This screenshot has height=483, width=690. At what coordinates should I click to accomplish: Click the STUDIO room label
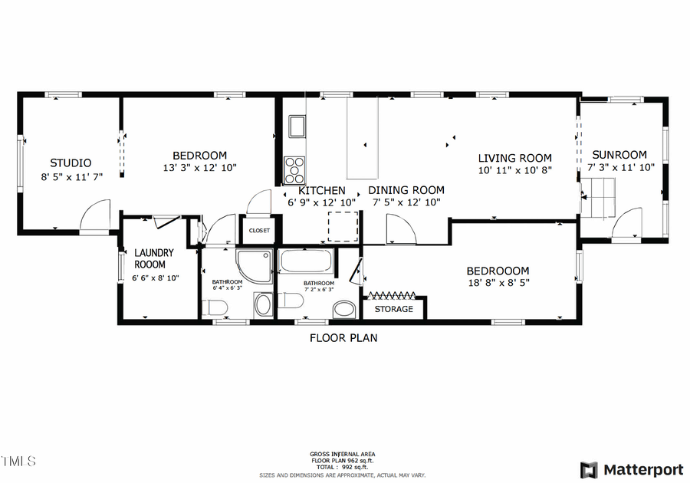pos(71,163)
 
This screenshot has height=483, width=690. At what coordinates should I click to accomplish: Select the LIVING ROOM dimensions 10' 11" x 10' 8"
pos(514,170)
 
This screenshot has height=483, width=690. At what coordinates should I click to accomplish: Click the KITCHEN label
pos(322,190)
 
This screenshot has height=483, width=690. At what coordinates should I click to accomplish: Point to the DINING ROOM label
pos(406,190)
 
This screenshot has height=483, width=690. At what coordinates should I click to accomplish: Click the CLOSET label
pos(259,230)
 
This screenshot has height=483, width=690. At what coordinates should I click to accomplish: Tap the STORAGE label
pos(394,309)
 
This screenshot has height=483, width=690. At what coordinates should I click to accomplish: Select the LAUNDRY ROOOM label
pos(155,258)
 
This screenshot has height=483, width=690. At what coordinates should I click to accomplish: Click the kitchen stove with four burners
pos(295,167)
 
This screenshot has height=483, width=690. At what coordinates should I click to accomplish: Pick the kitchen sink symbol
pos(297,126)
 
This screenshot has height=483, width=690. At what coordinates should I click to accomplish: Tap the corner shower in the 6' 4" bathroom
pos(254,265)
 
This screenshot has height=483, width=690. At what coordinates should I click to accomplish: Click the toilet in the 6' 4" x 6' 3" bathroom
pos(215,307)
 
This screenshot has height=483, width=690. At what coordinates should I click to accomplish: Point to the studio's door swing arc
pos(96,215)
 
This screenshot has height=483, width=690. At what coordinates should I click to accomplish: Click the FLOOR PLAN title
pos(343,337)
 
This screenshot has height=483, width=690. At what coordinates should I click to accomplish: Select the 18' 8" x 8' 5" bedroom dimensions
pos(498,283)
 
